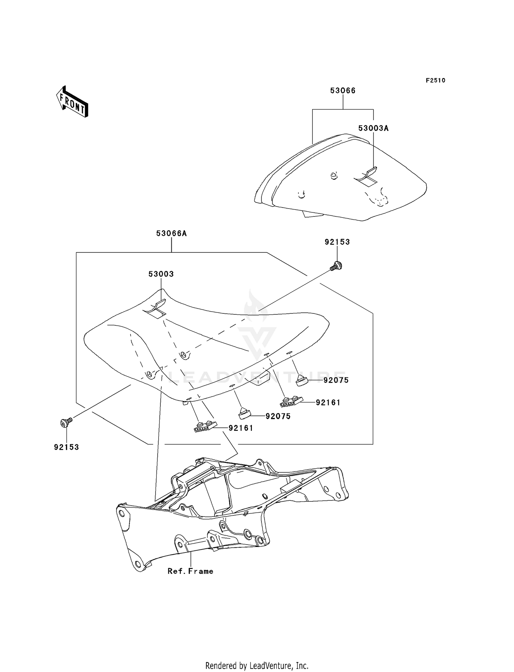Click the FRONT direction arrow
coord(72,101)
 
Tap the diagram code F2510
coord(436,80)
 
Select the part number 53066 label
coord(343,91)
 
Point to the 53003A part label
coord(374,128)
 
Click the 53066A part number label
coord(171,234)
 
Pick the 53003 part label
coord(161,274)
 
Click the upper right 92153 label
coord(337,242)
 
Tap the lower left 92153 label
coord(66,447)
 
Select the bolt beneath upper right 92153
coord(336,265)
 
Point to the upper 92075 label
coord(336,380)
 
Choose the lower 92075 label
coord(278,416)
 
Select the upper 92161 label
coord(328,403)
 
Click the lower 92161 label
coord(241,428)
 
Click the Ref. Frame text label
coord(191,571)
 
